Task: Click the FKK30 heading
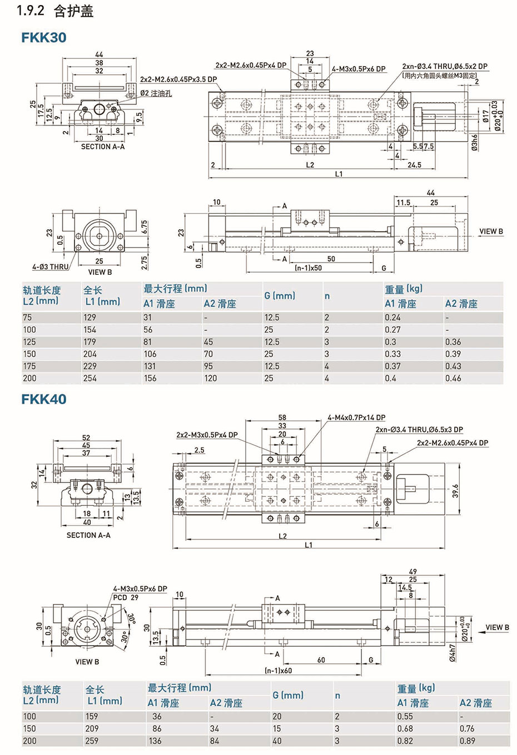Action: pyautogui.click(x=44, y=37)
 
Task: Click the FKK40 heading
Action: pyautogui.click(x=44, y=399)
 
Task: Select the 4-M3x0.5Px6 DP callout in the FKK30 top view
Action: pyautogui.click(x=359, y=69)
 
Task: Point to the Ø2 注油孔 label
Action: pyautogui.click(x=156, y=93)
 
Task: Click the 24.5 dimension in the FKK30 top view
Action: pyautogui.click(x=414, y=165)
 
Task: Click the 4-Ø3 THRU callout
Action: pyautogui.click(x=51, y=266)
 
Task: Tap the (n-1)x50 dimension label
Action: pyautogui.click(x=309, y=268)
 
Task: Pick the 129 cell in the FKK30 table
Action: pyautogui.click(x=90, y=318)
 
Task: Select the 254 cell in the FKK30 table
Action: pyautogui.click(x=90, y=378)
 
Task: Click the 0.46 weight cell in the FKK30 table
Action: pyautogui.click(x=453, y=378)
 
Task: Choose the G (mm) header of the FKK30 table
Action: pyautogui.click(x=276, y=296)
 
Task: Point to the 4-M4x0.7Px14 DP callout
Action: pyautogui.click(x=356, y=417)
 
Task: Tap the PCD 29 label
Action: pyautogui.click(x=126, y=597)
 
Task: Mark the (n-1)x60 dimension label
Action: pyautogui.click(x=278, y=670)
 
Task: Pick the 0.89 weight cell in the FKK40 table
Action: pyautogui.click(x=467, y=741)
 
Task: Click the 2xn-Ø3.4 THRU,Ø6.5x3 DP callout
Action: pyautogui.click(x=419, y=430)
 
